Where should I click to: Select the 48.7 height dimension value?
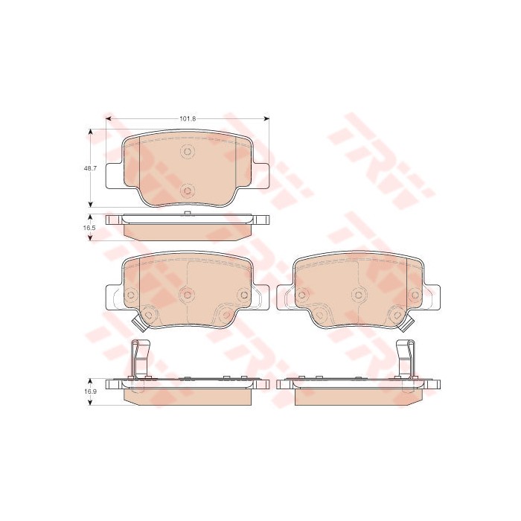tap(90, 168)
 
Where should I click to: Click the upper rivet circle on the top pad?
tap(188, 152)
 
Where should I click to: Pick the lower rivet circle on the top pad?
tap(188, 191)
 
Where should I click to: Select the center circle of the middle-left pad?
tap(188, 295)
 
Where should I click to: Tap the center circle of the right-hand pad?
tap(358, 295)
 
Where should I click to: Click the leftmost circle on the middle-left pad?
tap(130, 295)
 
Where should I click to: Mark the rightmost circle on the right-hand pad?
tap(415, 295)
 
